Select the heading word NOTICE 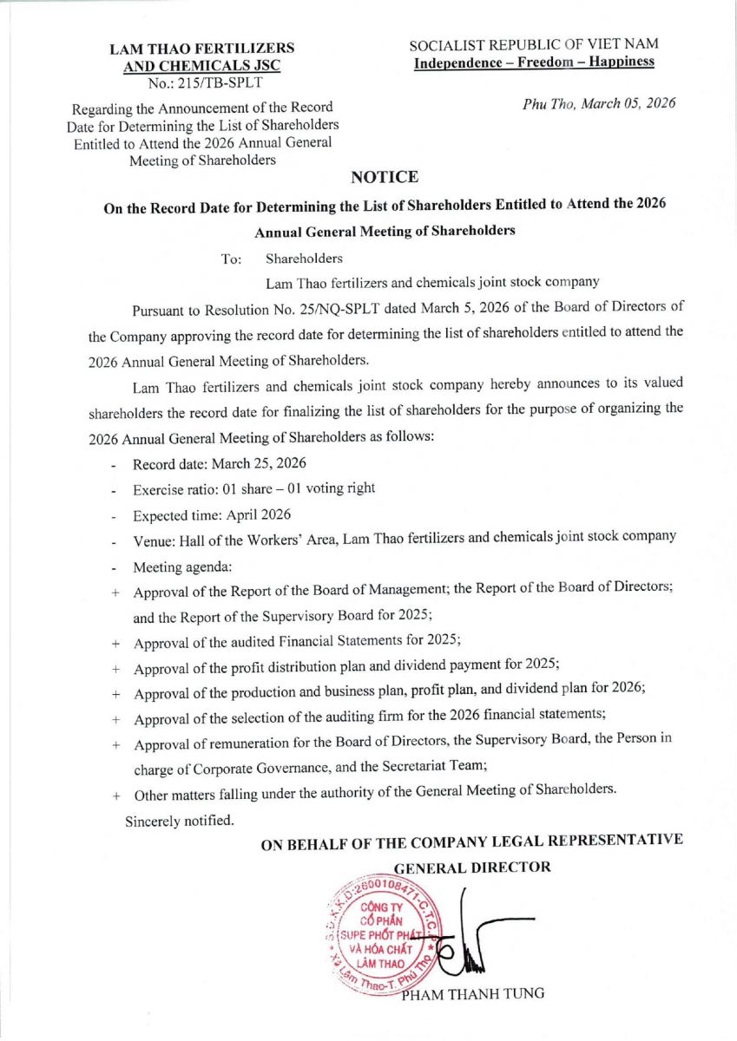point(384,178)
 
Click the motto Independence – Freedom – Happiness point(534,62)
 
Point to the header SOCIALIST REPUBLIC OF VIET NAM point(534,43)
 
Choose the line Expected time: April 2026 point(212,515)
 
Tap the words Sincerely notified point(179,820)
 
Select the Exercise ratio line point(253,489)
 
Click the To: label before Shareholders point(231,259)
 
